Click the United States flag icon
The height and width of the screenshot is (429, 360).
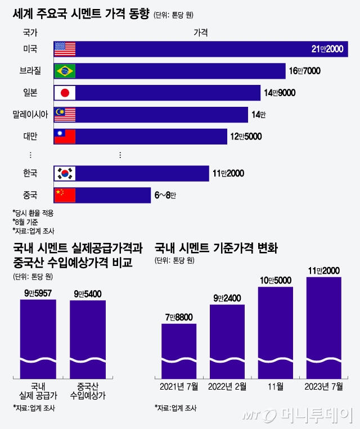point(65,49)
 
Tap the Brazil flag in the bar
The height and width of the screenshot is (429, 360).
point(65,71)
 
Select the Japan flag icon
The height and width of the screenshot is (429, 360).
point(65,93)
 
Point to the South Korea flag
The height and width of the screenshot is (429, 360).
point(65,174)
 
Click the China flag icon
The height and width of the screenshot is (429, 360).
point(65,195)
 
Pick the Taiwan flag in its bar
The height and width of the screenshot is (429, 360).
point(65,137)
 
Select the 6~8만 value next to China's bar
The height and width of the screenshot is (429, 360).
point(165,196)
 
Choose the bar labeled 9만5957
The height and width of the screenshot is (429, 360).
point(38,337)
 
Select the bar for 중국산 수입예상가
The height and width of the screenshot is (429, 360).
point(88,337)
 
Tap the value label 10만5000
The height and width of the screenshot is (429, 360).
point(276,280)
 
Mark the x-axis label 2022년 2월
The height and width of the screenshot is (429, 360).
point(227,386)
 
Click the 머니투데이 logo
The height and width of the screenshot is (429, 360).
point(299,415)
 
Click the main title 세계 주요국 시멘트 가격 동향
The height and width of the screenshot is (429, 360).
point(81,15)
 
